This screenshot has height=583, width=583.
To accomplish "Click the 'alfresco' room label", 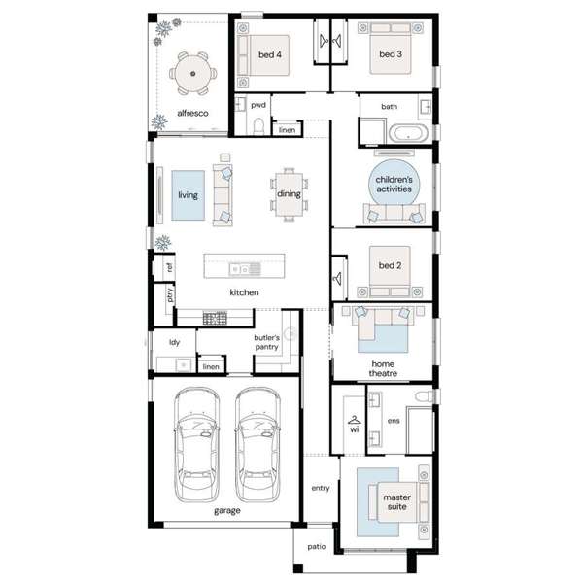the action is click(x=192, y=113).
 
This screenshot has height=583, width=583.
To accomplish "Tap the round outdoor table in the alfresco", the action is click(x=193, y=74).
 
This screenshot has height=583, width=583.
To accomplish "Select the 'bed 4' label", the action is click(x=270, y=55).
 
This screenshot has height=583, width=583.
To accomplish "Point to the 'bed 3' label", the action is click(x=391, y=54).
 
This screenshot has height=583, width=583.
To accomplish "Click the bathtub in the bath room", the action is click(x=408, y=133).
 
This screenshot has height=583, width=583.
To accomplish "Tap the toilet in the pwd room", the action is click(x=258, y=126).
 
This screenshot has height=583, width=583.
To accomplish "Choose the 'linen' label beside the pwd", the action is click(x=287, y=130).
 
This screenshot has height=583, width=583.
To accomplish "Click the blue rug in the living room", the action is click(x=189, y=195).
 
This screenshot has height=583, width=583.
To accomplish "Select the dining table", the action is click(x=289, y=195).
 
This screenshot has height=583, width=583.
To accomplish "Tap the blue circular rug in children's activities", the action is click(x=394, y=183).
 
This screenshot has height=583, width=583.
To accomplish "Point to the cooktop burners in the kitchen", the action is click(x=215, y=319).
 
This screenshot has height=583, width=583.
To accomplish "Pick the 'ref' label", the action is click(x=169, y=267).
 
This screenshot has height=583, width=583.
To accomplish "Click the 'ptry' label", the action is click(x=169, y=294).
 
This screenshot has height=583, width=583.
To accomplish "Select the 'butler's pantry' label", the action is click(x=266, y=342).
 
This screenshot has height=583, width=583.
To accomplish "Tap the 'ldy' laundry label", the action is click(x=174, y=342).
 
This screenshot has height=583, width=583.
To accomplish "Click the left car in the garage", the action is click(x=196, y=445).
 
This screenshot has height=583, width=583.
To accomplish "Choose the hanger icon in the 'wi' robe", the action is click(x=355, y=420).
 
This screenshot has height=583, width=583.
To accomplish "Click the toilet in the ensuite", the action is click(x=425, y=396).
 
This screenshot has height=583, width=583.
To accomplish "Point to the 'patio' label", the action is click(x=317, y=546).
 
